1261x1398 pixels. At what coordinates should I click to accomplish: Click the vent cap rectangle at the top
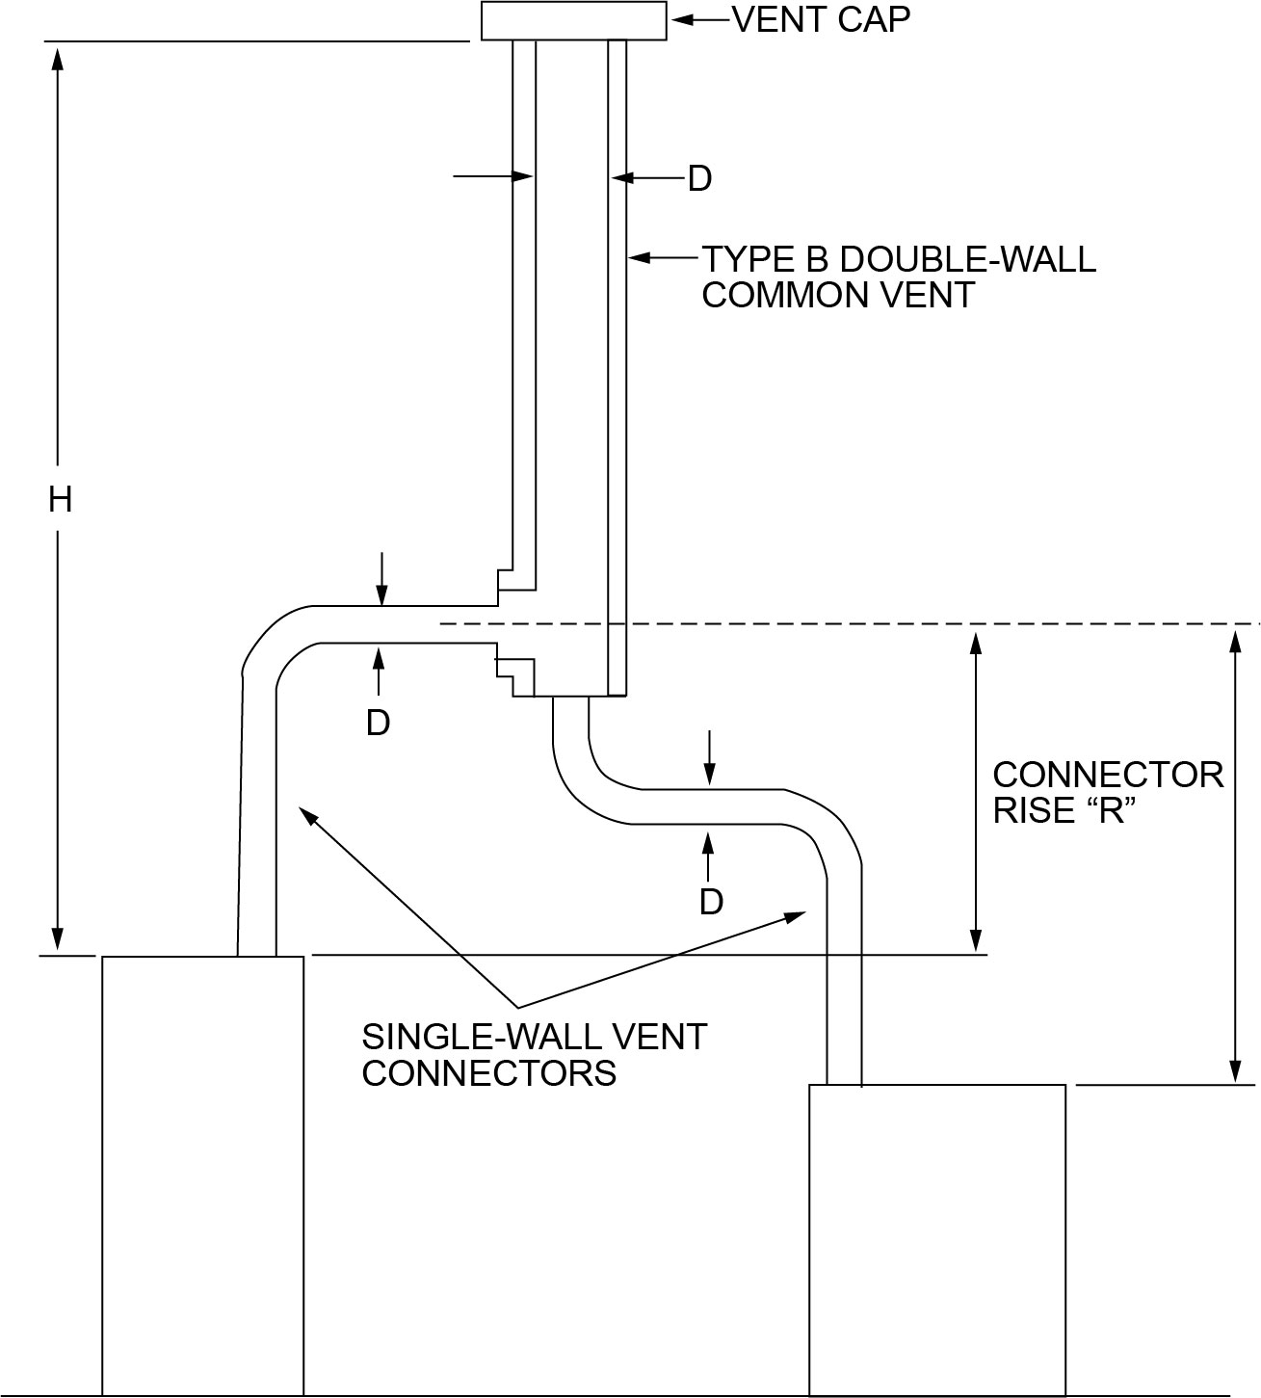point(573,20)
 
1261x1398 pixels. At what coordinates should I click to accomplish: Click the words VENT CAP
point(821,19)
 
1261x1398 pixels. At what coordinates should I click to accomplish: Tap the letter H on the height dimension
point(60,499)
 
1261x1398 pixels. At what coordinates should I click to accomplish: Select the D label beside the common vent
point(699,178)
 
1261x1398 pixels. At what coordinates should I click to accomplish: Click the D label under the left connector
point(378,723)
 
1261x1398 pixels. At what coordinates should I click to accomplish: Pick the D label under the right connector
point(711,902)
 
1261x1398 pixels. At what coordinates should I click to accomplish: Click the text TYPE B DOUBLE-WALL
point(898,259)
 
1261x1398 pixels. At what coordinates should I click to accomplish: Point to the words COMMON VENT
point(838,295)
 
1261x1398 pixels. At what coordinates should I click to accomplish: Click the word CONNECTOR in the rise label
point(1108,775)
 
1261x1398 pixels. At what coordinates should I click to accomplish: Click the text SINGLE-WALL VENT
point(535,1037)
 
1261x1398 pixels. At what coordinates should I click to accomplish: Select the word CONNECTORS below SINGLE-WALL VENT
point(488,1072)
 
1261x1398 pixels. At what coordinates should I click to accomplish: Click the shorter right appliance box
point(936,1238)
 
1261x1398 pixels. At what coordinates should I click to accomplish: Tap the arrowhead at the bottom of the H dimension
point(58,939)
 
